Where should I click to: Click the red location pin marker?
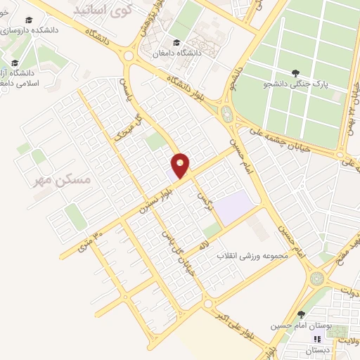coord(181,165)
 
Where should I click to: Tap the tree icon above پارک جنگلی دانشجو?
coord(295,72)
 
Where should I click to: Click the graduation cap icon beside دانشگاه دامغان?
coord(176,43)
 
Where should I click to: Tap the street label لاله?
coord(204,244)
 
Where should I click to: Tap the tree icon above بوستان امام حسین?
coord(301,314)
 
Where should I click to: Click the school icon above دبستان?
coord(316,338)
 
